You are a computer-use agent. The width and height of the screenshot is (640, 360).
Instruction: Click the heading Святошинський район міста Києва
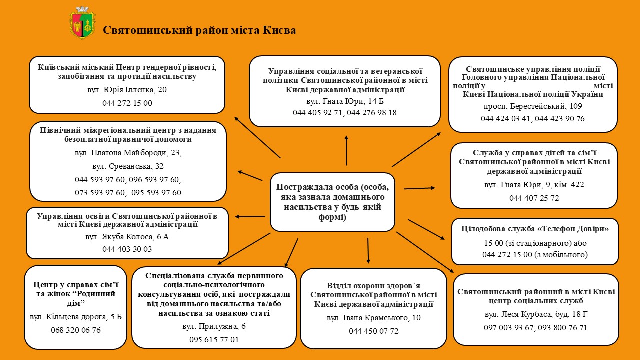click(x=199, y=30)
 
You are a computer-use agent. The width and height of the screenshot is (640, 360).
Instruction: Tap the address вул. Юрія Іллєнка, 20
click(x=127, y=90)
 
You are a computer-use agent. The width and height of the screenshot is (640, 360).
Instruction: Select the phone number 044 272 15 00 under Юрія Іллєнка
click(x=127, y=103)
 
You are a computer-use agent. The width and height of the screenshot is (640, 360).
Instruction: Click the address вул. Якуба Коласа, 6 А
click(x=127, y=236)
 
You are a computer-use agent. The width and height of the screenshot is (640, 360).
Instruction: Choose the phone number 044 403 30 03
click(x=127, y=249)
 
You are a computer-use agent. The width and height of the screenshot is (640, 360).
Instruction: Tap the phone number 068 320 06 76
click(x=76, y=330)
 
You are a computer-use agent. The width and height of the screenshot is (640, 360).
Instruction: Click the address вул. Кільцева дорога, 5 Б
click(x=76, y=317)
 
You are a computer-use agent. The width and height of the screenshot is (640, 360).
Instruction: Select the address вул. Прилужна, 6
click(x=214, y=326)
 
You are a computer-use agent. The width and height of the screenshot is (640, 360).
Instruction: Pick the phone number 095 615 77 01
click(x=214, y=339)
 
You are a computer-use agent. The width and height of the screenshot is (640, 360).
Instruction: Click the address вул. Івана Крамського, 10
click(x=373, y=318)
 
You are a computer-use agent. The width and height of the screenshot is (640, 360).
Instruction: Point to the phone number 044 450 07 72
click(x=373, y=331)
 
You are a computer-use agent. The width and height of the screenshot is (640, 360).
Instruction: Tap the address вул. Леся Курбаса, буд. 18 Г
click(x=535, y=314)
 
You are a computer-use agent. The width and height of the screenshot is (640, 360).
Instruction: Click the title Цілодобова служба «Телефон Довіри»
click(x=535, y=229)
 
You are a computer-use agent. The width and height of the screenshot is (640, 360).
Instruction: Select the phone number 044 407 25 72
click(x=534, y=198)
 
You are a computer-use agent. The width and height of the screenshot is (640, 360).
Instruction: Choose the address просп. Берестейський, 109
click(x=533, y=106)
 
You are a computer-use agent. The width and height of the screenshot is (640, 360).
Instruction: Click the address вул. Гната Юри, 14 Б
click(x=345, y=101)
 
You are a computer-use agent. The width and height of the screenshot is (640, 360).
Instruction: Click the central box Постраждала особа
click(x=332, y=202)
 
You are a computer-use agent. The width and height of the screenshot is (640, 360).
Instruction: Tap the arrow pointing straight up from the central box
click(x=346, y=150)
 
